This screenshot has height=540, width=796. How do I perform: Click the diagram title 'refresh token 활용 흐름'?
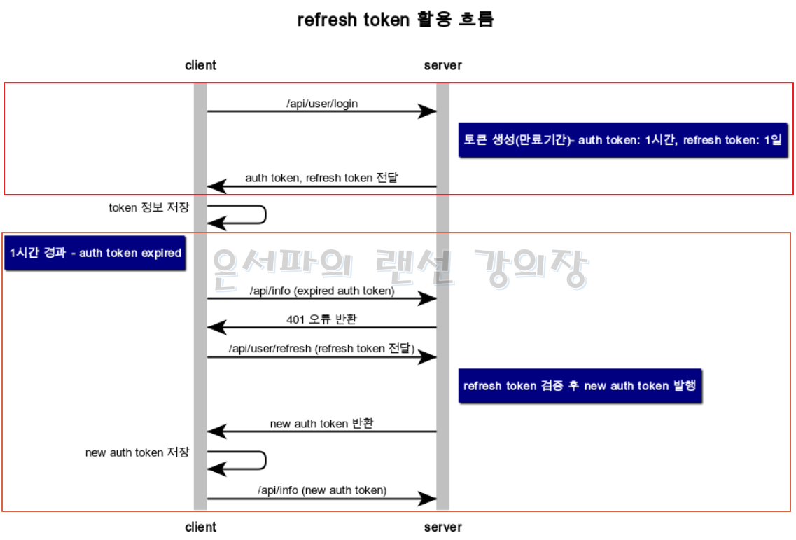pos(396,20)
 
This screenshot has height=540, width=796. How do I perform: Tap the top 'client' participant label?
pos(200,65)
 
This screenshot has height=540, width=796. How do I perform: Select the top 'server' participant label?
pos(442,65)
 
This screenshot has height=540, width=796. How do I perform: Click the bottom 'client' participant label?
pos(200,527)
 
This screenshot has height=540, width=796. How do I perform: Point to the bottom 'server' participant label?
pos(442,527)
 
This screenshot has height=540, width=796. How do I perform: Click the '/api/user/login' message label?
pos(322,104)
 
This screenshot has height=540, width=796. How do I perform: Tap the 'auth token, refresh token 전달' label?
pos(321,178)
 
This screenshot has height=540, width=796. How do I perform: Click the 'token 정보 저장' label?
pos(149,207)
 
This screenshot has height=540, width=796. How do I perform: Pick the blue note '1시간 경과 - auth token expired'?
pos(95,253)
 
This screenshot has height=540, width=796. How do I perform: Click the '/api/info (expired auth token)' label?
pos(322,291)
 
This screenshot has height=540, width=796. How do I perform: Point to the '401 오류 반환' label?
pos(321,319)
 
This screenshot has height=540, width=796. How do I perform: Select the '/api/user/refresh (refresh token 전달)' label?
pos(322,348)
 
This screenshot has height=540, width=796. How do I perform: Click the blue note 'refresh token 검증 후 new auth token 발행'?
pos(580,385)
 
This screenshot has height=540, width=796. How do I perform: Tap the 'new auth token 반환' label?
pos(321,424)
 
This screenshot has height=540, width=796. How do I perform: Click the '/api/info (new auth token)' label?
pos(322,490)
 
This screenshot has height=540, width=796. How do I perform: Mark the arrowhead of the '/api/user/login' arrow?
pos(428,111)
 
